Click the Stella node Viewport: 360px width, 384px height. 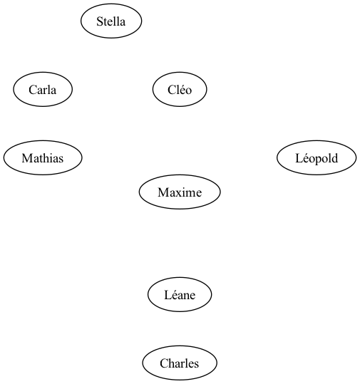pyautogui.click(x=111, y=21)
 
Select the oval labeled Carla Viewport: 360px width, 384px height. pyautogui.click(x=43, y=89)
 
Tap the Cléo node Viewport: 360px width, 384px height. pyautogui.click(x=180, y=89)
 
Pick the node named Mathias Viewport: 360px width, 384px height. pyautogui.click(x=43, y=157)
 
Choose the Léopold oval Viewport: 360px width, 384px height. pyautogui.click(x=317, y=157)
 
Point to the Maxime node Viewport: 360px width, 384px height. pyautogui.click(x=180, y=192)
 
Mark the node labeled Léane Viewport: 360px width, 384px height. pyautogui.click(x=180, y=295)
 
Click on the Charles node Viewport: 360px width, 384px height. pyautogui.click(x=180, y=363)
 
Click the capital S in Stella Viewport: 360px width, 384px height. pyautogui.click(x=99, y=21)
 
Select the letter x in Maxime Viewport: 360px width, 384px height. pyautogui.click(x=177, y=194)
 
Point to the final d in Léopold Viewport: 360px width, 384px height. pyautogui.click(x=334, y=158)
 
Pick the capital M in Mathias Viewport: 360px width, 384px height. pyautogui.click(x=26, y=158)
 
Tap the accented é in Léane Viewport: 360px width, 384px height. pyautogui.click(x=173, y=295)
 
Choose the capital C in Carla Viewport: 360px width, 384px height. pyautogui.click(x=33, y=90)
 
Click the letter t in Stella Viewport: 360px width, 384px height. pyautogui.click(x=104, y=22)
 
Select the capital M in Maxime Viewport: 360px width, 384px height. pyautogui.click(x=163, y=192)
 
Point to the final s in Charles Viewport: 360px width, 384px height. pyautogui.click(x=196, y=365)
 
